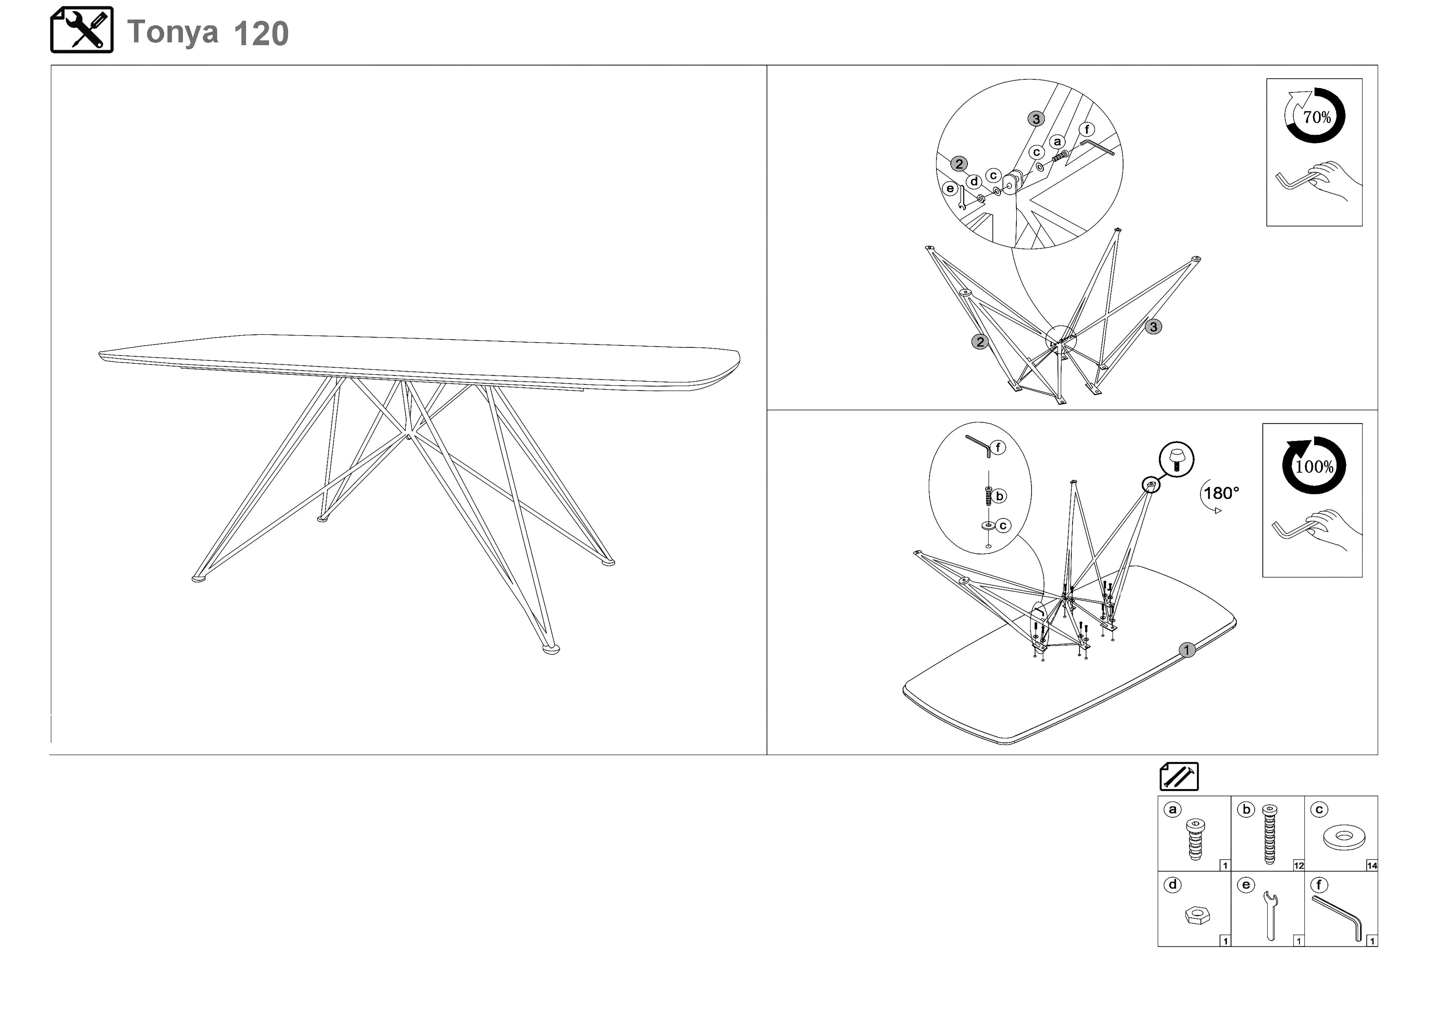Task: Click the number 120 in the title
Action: (262, 34)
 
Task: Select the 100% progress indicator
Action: (1314, 466)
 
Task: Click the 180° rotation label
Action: (1221, 493)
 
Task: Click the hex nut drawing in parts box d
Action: (1197, 915)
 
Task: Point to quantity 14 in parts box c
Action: (1372, 865)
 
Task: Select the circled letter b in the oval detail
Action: (999, 496)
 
